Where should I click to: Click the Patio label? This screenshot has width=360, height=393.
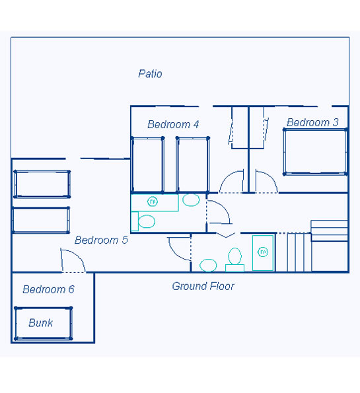click(x=150, y=74)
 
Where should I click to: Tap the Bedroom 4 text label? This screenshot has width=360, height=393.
click(x=173, y=124)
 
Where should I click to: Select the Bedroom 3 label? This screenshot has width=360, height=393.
click(x=312, y=122)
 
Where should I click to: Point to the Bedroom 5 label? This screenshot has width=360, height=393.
click(x=101, y=240)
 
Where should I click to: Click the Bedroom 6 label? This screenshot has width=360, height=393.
click(x=48, y=289)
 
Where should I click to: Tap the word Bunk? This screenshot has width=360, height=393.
click(x=40, y=323)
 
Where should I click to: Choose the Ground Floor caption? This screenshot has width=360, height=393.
click(x=203, y=286)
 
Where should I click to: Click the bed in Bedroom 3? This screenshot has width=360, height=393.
click(x=315, y=152)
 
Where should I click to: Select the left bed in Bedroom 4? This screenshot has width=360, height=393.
click(x=148, y=165)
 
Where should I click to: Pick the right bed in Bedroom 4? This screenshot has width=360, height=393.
click(x=192, y=165)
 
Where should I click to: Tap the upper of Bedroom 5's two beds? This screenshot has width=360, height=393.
click(x=42, y=184)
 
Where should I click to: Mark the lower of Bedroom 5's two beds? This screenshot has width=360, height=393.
click(x=41, y=220)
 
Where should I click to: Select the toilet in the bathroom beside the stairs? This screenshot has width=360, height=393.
click(x=235, y=260)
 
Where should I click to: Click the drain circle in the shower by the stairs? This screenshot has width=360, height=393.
click(x=263, y=252)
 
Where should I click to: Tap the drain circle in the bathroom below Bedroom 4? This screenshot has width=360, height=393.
click(x=153, y=201)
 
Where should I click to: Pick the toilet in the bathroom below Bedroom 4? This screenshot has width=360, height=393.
click(x=143, y=221)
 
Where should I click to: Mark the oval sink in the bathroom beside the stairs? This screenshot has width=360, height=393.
click(x=208, y=265)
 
